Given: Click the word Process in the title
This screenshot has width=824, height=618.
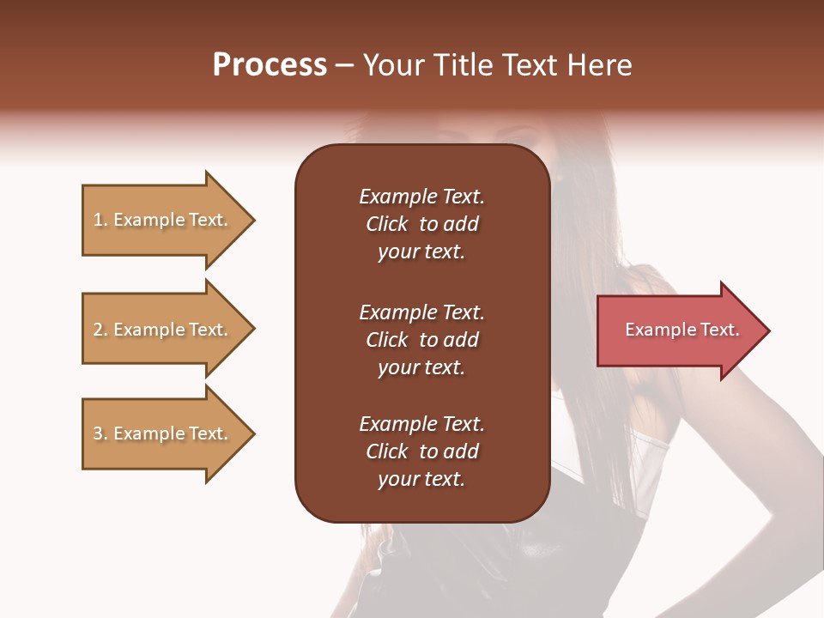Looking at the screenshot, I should click(270, 65).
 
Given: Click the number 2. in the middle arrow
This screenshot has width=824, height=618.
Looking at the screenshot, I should click(100, 330).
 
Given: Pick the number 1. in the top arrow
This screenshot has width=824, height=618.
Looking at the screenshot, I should click(100, 221).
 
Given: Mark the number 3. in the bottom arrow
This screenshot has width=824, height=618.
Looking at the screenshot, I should click(100, 433).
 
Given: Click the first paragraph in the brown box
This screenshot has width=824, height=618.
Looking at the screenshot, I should click(421, 224).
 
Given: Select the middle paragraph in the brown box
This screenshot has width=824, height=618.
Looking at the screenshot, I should click(421, 340).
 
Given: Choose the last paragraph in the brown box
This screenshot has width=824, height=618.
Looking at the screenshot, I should click(421, 451).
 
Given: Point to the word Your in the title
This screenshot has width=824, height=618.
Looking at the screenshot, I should click(391, 65).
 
